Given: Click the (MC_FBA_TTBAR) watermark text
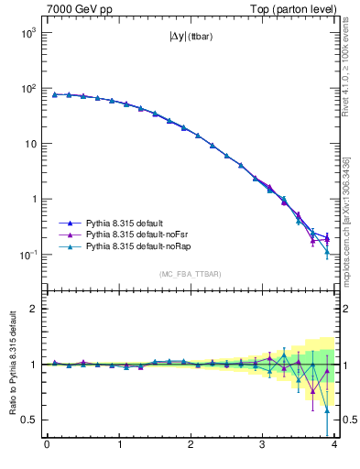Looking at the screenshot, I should point(190,274).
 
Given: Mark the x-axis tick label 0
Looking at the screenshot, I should point(47,446).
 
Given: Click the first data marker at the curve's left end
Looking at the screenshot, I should point(54,94).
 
